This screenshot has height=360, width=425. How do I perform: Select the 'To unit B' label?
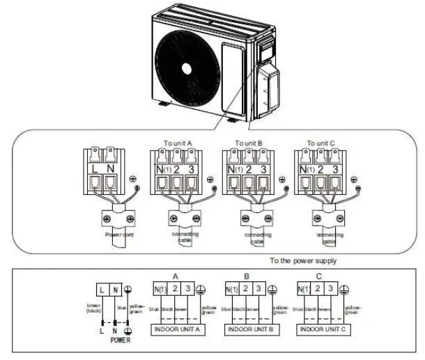point(248,143)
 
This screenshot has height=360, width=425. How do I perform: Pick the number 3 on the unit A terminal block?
point(192,169)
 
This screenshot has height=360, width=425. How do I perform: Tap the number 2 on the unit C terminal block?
point(322,169)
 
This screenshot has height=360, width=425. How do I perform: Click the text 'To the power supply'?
point(303,261)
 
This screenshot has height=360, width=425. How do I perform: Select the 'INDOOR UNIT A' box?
point(177,328)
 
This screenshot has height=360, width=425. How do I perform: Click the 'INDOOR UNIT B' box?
point(248,328)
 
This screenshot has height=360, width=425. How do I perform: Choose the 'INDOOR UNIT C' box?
point(320,328)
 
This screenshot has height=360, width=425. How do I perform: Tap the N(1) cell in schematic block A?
point(158,288)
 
